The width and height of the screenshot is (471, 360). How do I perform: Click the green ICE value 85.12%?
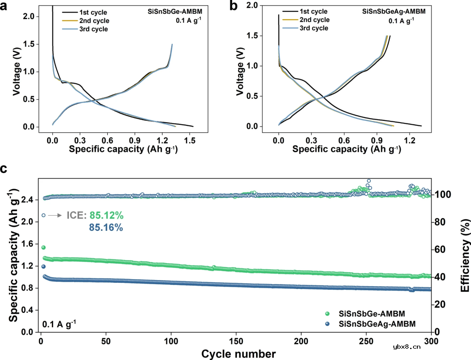point(106,215)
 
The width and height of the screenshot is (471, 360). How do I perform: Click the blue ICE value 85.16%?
point(106,227)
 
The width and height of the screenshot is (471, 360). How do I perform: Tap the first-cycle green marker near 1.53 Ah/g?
point(43,247)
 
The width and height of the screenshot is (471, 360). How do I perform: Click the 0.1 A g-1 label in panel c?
point(59,324)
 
